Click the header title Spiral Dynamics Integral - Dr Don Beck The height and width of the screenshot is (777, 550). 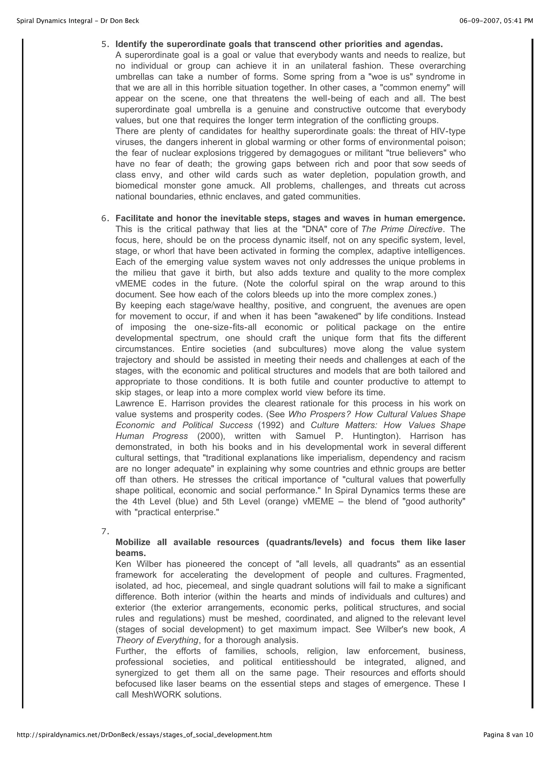click(78, 21)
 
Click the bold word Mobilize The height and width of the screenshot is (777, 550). click(133, 542)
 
